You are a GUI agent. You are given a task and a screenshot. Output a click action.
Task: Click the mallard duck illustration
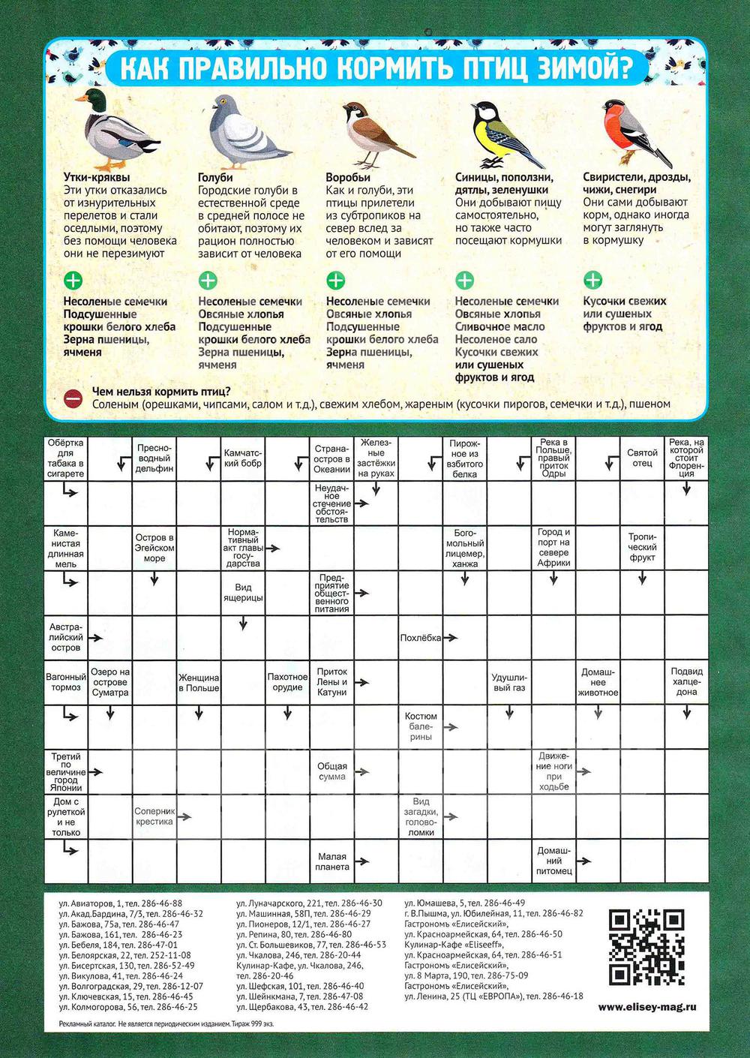pyautogui.click(x=116, y=129)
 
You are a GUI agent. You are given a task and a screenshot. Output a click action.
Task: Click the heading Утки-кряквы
pyautogui.click(x=97, y=178)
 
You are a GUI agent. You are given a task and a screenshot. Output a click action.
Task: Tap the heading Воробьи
pyautogui.click(x=348, y=178)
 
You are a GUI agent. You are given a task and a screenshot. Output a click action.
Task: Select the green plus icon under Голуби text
pyautogui.click(x=208, y=281)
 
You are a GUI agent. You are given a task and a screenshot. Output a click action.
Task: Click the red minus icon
pyautogui.click(x=73, y=398)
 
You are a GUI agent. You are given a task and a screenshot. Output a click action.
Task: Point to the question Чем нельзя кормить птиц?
pyautogui.click(x=160, y=391)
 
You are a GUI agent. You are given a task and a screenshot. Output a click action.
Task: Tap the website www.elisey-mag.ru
pyautogui.click(x=647, y=1007)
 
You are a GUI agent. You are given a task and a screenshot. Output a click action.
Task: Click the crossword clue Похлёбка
pyautogui.click(x=420, y=638)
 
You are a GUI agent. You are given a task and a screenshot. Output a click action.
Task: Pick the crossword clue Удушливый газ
pyautogui.click(x=508, y=682)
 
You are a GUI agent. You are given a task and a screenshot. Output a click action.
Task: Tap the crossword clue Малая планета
pyautogui.click(x=332, y=861)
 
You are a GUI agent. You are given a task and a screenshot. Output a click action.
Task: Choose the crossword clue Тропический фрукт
pyautogui.click(x=642, y=547)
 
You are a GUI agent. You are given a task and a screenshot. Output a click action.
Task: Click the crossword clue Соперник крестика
pyautogui.click(x=154, y=816)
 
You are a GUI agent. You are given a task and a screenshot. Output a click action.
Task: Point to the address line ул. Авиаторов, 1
pyautogui.click(x=120, y=903)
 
